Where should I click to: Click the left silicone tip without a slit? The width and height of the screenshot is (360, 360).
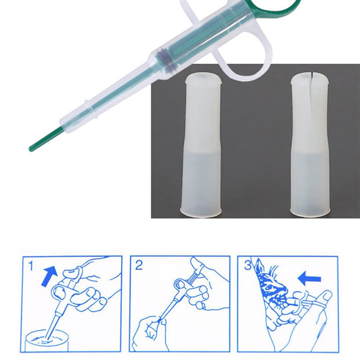coord(201,145)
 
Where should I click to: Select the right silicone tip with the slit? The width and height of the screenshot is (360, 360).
coord(310,145)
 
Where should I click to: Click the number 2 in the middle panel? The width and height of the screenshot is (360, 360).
coord(139,265)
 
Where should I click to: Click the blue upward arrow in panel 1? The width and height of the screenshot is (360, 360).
coord(49,276)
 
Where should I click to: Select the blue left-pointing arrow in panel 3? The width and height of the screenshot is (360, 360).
coord(309,279)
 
